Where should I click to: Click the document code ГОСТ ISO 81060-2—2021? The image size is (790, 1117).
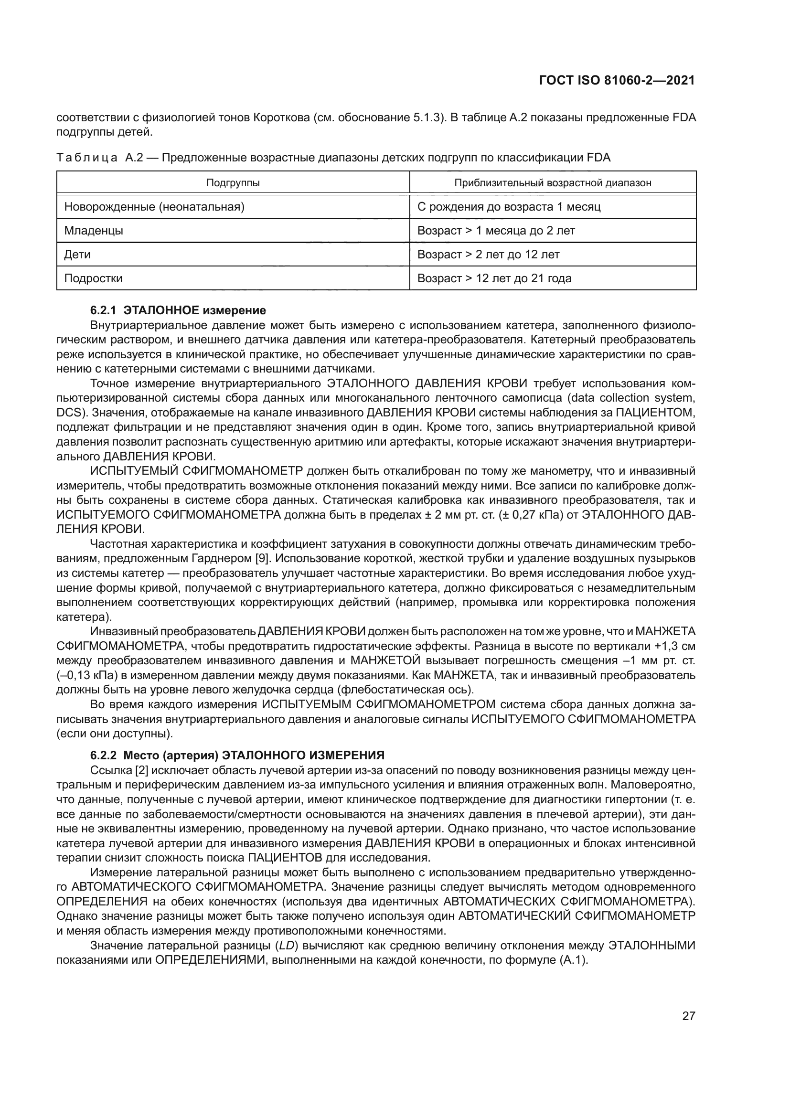pyautogui.click(x=617, y=80)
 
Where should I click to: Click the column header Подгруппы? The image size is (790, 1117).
pyautogui.click(x=233, y=183)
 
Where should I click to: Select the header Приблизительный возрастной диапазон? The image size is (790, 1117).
pyautogui.click(x=553, y=183)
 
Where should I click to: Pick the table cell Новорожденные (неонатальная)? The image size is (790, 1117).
pyautogui.click(x=154, y=207)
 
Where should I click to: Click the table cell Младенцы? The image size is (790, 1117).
pyautogui.click(x=94, y=231)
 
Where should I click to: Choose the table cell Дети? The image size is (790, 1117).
pyautogui.click(x=77, y=255)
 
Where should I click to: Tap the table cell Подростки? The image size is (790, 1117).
pyautogui.click(x=94, y=278)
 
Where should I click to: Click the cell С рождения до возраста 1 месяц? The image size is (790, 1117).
pyautogui.click(x=509, y=207)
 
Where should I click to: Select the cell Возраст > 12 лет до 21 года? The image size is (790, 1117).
pyautogui.click(x=494, y=278)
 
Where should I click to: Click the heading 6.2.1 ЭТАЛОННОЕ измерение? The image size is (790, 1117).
pyautogui.click(x=178, y=310)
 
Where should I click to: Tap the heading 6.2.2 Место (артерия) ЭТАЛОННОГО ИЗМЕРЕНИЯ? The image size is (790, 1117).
pyautogui.click(x=237, y=755)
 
